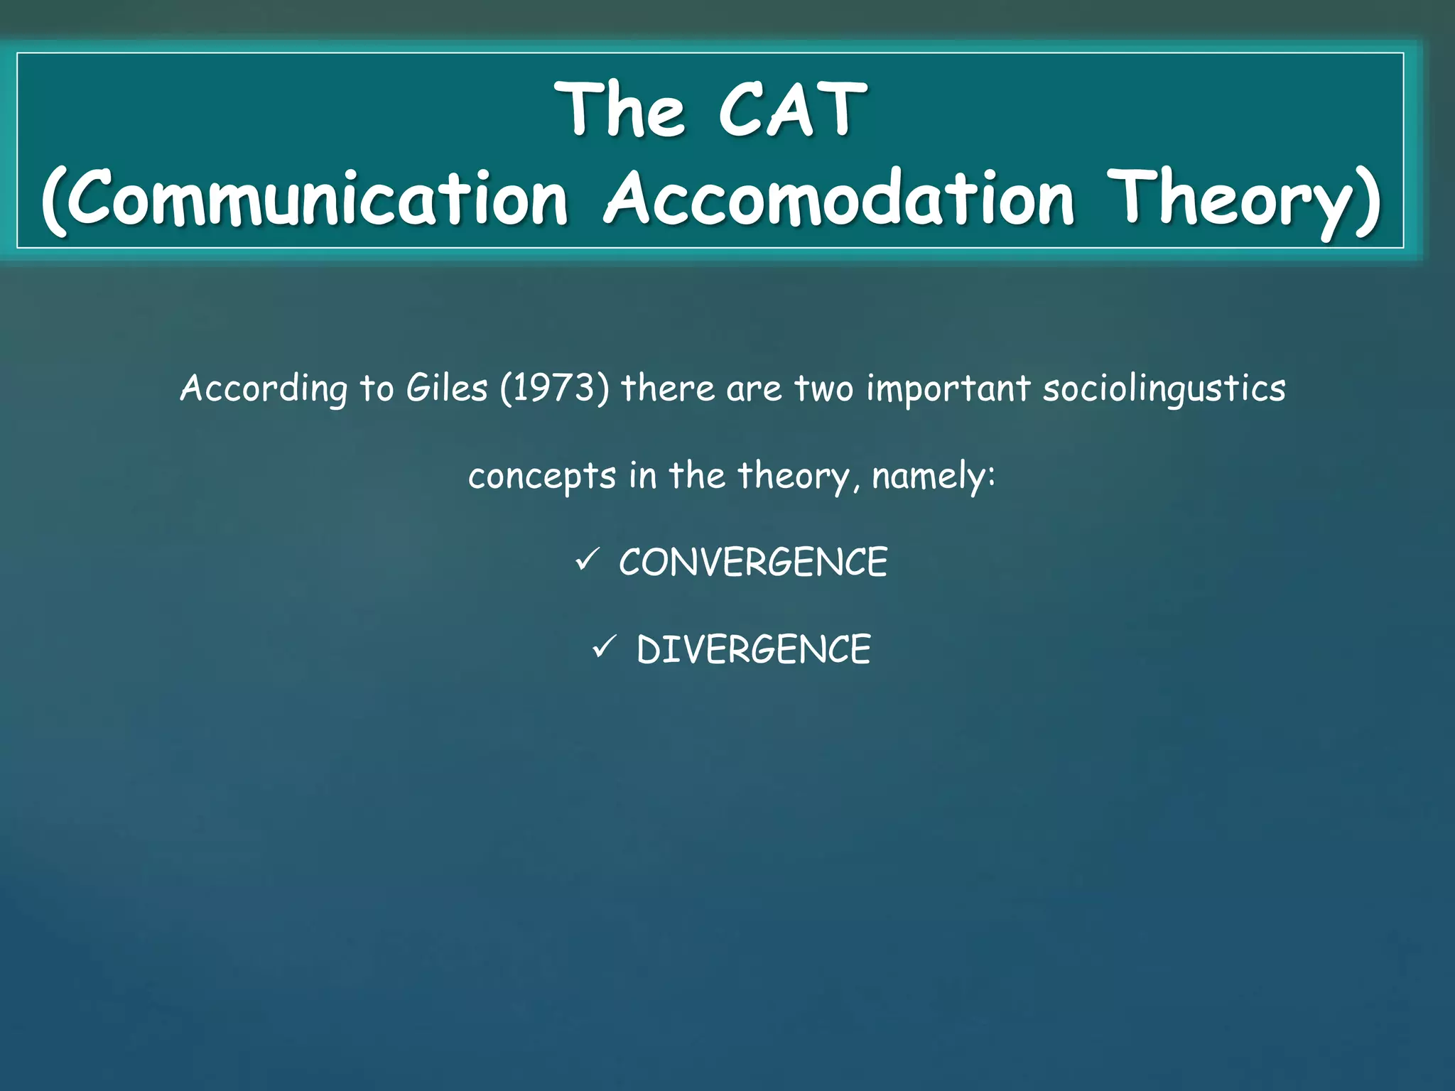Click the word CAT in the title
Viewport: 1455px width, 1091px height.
pyautogui.click(x=792, y=110)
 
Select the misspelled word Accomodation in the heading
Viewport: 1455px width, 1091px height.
pyautogui.click(x=838, y=198)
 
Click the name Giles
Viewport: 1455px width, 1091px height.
pyautogui.click(x=447, y=389)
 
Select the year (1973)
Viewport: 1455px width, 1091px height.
pyautogui.click(x=554, y=389)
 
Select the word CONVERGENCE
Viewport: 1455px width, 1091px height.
pyautogui.click(x=753, y=563)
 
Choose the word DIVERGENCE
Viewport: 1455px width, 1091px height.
pyautogui.click(x=753, y=650)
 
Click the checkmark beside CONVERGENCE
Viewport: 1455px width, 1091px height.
pyautogui.click(x=588, y=560)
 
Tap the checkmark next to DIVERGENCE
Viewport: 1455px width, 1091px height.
pyautogui.click(x=605, y=647)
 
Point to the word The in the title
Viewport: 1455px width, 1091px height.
pyautogui.click(x=622, y=110)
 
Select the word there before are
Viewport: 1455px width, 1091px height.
pyautogui.click(x=667, y=389)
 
